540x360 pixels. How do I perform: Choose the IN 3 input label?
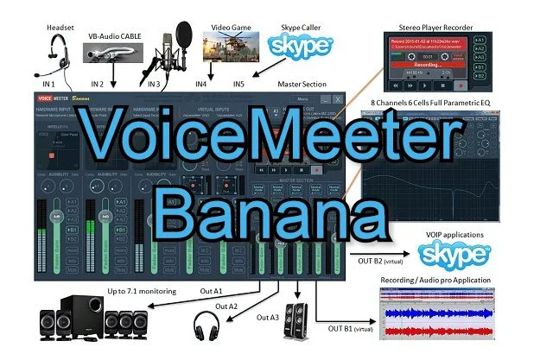pyautogui.click(x=154, y=84)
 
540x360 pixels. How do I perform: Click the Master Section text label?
pyautogui.click(x=302, y=84)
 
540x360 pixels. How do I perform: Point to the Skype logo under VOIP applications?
pyautogui.click(x=454, y=252)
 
